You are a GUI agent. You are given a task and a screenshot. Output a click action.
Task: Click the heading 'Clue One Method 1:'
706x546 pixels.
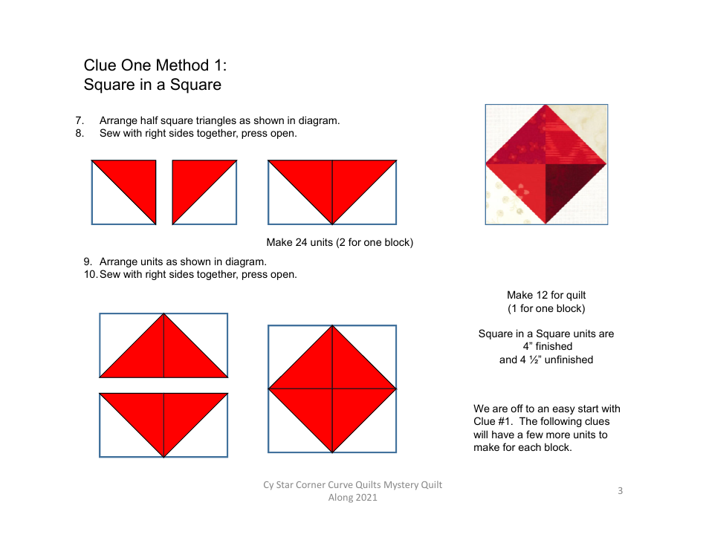[x=150, y=65]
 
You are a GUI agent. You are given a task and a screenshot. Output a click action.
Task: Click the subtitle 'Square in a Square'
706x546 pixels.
[x=152, y=85]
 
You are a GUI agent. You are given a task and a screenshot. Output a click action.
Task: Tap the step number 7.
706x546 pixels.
[x=79, y=120]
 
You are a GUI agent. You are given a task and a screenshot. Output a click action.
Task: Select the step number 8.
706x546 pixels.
[x=79, y=134]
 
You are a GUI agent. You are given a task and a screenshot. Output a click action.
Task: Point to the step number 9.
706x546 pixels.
[x=87, y=261]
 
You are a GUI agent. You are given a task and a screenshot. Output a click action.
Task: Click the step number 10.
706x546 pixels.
[x=90, y=275]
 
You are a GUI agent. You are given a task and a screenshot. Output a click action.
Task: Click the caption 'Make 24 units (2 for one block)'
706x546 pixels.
[x=340, y=242]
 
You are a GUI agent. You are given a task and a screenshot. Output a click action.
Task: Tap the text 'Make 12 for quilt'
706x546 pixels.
[x=546, y=295]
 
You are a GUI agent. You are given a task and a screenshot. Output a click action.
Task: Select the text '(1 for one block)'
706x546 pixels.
[x=546, y=308]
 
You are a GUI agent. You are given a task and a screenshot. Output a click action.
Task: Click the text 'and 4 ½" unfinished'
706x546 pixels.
[x=546, y=360]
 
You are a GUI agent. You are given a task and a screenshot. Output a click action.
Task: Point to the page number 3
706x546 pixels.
[x=620, y=490]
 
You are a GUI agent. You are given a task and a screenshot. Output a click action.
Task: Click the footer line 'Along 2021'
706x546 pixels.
[x=352, y=498]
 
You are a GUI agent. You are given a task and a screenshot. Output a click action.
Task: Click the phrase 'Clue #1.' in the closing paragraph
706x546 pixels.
[x=494, y=422]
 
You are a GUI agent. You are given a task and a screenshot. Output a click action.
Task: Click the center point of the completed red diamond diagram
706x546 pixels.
[x=332, y=389]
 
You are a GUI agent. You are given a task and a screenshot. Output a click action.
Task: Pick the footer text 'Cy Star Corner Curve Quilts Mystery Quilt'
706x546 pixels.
[x=352, y=484]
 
